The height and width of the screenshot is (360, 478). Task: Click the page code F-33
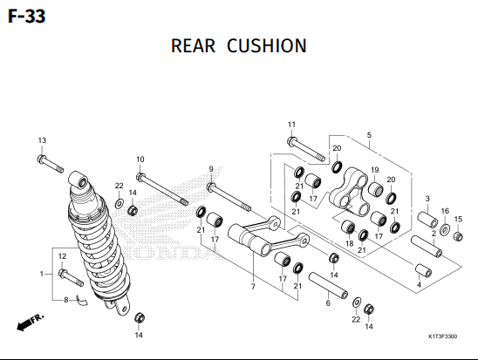tap(26, 17)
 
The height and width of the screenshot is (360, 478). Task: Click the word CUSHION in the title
tap(267, 45)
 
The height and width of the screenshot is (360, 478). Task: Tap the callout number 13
tap(42, 140)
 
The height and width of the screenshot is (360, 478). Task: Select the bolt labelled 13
tap(51, 164)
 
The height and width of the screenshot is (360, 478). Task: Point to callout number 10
tap(140, 160)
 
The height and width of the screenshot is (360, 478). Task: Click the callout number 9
tap(211, 169)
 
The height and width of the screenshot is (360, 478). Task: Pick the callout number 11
tap(291, 125)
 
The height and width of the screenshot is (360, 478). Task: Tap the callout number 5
tap(369, 135)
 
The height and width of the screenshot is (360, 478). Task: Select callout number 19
tap(375, 170)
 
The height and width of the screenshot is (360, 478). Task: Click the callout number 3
tap(427, 199)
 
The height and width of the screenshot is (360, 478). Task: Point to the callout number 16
tap(445, 211)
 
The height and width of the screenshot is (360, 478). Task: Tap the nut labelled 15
tap(458, 236)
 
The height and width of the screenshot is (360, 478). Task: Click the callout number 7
tap(253, 287)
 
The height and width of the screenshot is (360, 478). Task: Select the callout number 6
tap(328, 303)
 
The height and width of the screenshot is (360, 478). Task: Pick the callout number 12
tap(62, 256)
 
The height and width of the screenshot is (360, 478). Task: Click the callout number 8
tap(65, 301)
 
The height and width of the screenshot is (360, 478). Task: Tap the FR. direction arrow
tap(31, 323)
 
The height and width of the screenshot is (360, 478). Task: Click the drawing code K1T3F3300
tap(442, 336)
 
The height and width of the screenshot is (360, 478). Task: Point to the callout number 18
tap(350, 244)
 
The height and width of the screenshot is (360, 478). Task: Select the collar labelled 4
tap(424, 270)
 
